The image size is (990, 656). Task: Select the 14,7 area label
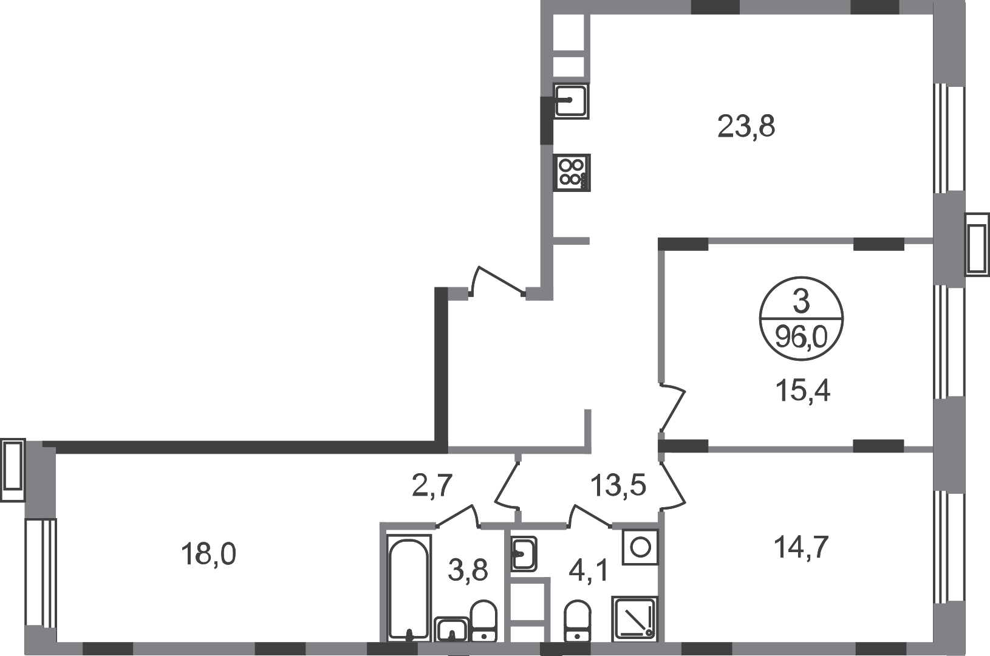pyautogui.click(x=802, y=549)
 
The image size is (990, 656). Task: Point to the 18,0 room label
pyautogui.click(x=209, y=554)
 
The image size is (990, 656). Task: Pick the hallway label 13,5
pyautogui.click(x=618, y=486)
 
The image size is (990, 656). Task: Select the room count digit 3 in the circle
pyautogui.click(x=801, y=302)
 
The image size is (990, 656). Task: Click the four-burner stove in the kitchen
pyautogui.click(x=571, y=173)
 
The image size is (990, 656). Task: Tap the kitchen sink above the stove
pyautogui.click(x=570, y=100)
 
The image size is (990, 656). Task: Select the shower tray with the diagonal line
pyautogui.click(x=635, y=618)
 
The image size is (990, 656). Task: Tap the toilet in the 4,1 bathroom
pyautogui.click(x=575, y=620)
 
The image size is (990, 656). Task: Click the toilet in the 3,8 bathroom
pyautogui.click(x=483, y=620)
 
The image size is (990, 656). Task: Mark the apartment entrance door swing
pyautogui.click(x=498, y=281)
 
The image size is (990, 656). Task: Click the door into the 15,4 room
pyautogui.click(x=672, y=406)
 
